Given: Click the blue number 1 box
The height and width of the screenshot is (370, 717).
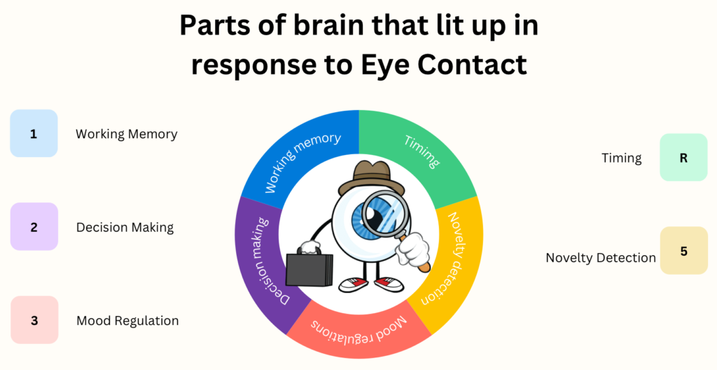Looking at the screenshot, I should coord(34,133).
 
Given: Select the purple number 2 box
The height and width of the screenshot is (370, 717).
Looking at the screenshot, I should coord(34,226).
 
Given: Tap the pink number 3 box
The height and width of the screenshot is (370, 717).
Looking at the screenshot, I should coord(34,320).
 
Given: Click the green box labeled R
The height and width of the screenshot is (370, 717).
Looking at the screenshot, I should coord(683,158).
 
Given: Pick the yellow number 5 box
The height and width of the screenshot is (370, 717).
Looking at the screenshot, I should coord(683,250).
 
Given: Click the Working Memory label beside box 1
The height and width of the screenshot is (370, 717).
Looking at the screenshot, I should coord(127,134).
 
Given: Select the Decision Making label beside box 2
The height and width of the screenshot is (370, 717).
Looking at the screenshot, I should coord(125,227).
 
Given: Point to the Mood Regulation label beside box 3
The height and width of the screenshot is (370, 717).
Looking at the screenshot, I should coord(127,321).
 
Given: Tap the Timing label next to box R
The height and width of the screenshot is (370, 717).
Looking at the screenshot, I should coord(622,158).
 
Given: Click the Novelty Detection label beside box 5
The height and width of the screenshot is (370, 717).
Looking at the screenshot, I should coord(601,258).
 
